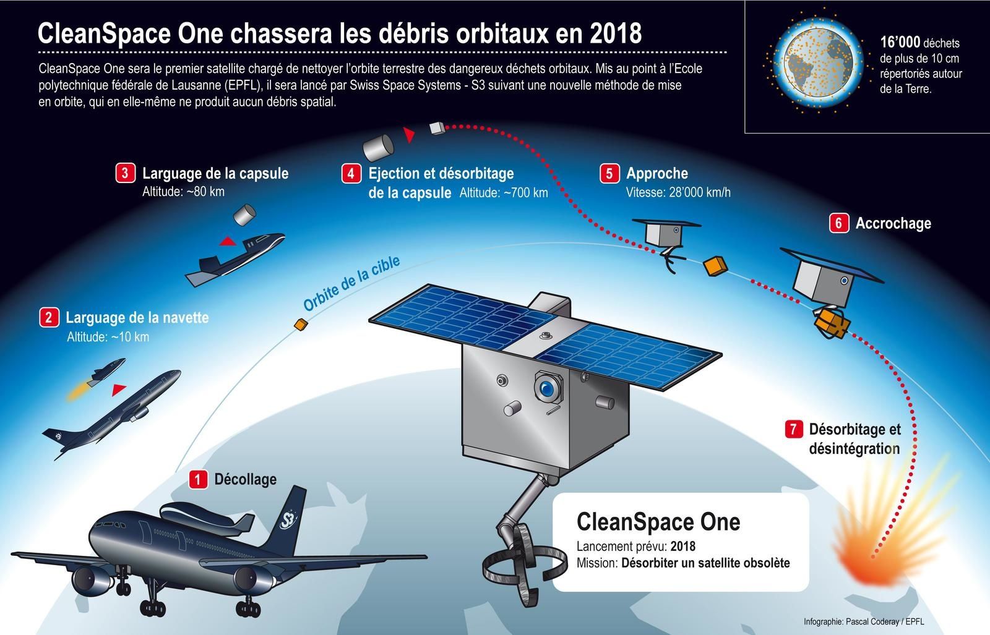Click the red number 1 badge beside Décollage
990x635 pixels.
coord(198,480)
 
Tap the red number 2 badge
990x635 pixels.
coord(49,318)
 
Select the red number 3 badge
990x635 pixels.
coord(125,173)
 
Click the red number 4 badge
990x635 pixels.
coord(351,173)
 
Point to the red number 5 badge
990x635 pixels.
coord(609,173)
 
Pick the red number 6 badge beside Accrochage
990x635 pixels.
coord(838,223)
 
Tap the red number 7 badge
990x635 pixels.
coord(794,428)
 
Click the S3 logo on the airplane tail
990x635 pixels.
coord(288,519)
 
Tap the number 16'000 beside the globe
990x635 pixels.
coord(900,43)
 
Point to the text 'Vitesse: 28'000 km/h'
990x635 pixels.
coord(678,192)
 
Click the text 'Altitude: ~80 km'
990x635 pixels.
coord(183,192)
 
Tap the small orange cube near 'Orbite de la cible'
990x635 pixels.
coord(301,325)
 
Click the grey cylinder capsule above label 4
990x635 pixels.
coord(378,148)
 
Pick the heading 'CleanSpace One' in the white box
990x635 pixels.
coord(658,522)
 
